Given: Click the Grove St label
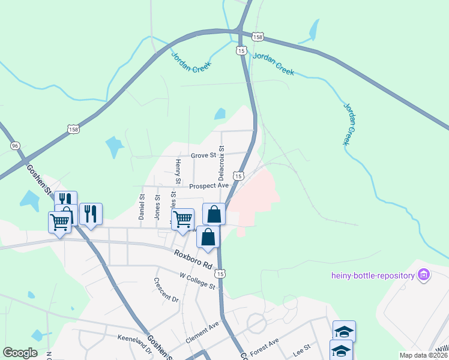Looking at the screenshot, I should tap(203, 155).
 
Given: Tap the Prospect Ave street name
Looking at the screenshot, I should tap(209, 186).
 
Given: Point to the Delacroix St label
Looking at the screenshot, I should tap(221, 163).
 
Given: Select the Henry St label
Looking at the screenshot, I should tap(178, 172).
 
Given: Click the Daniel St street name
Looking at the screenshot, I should tap(142, 206).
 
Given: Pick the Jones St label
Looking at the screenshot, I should tap(158, 207).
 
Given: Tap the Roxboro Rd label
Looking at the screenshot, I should tap(194, 260).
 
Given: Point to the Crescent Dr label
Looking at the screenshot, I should tap(166, 290).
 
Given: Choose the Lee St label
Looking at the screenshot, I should tap(301, 347).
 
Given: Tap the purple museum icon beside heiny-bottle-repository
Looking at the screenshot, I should tap(424, 275).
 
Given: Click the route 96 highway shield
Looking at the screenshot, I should tap(15, 146).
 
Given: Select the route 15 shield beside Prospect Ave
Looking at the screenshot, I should tap(239, 176).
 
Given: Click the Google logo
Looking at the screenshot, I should tap(20, 353).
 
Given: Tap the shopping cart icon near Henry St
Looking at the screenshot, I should tap(182, 218).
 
